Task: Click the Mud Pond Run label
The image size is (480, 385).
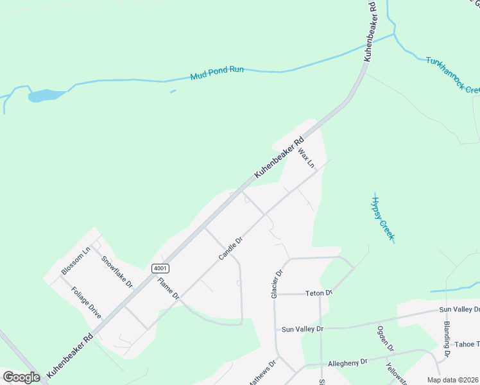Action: coord(217,73)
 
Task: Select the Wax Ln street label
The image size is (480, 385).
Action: coord(307,158)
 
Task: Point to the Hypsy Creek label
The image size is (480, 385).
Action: coord(382,218)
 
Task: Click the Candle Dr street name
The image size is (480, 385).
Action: coord(230,248)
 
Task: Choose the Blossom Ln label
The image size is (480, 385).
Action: coord(76,261)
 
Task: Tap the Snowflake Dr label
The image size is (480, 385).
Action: coord(117,271)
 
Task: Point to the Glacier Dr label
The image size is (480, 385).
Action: coord(277,283)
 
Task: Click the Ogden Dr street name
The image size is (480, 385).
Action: coord(385,338)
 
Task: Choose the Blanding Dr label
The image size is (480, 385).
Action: coord(447,339)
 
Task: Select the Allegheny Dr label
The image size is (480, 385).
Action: coord(347,363)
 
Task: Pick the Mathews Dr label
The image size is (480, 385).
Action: coord(262,372)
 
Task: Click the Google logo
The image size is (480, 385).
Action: coord(21,377)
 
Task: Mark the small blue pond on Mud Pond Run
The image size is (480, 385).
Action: coord(45,96)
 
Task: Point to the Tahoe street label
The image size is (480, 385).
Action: coord(467,345)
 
